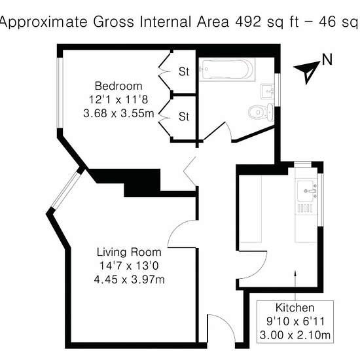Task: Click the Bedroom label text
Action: click(x=118, y=86)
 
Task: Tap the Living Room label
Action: click(x=129, y=252)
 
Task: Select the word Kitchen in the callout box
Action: click(x=295, y=308)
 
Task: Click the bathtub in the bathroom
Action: click(x=227, y=69)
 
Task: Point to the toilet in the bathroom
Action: click(x=261, y=113)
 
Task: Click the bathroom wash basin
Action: click(x=268, y=92)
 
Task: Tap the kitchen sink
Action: click(x=307, y=190)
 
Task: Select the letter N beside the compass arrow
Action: click(x=327, y=60)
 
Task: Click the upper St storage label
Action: click(x=184, y=71)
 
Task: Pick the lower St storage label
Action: click(x=184, y=117)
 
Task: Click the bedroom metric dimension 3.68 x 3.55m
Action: click(x=118, y=113)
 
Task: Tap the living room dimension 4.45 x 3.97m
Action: click(x=129, y=279)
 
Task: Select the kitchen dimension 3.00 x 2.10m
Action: click(x=295, y=335)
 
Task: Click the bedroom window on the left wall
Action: click(x=60, y=92)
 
